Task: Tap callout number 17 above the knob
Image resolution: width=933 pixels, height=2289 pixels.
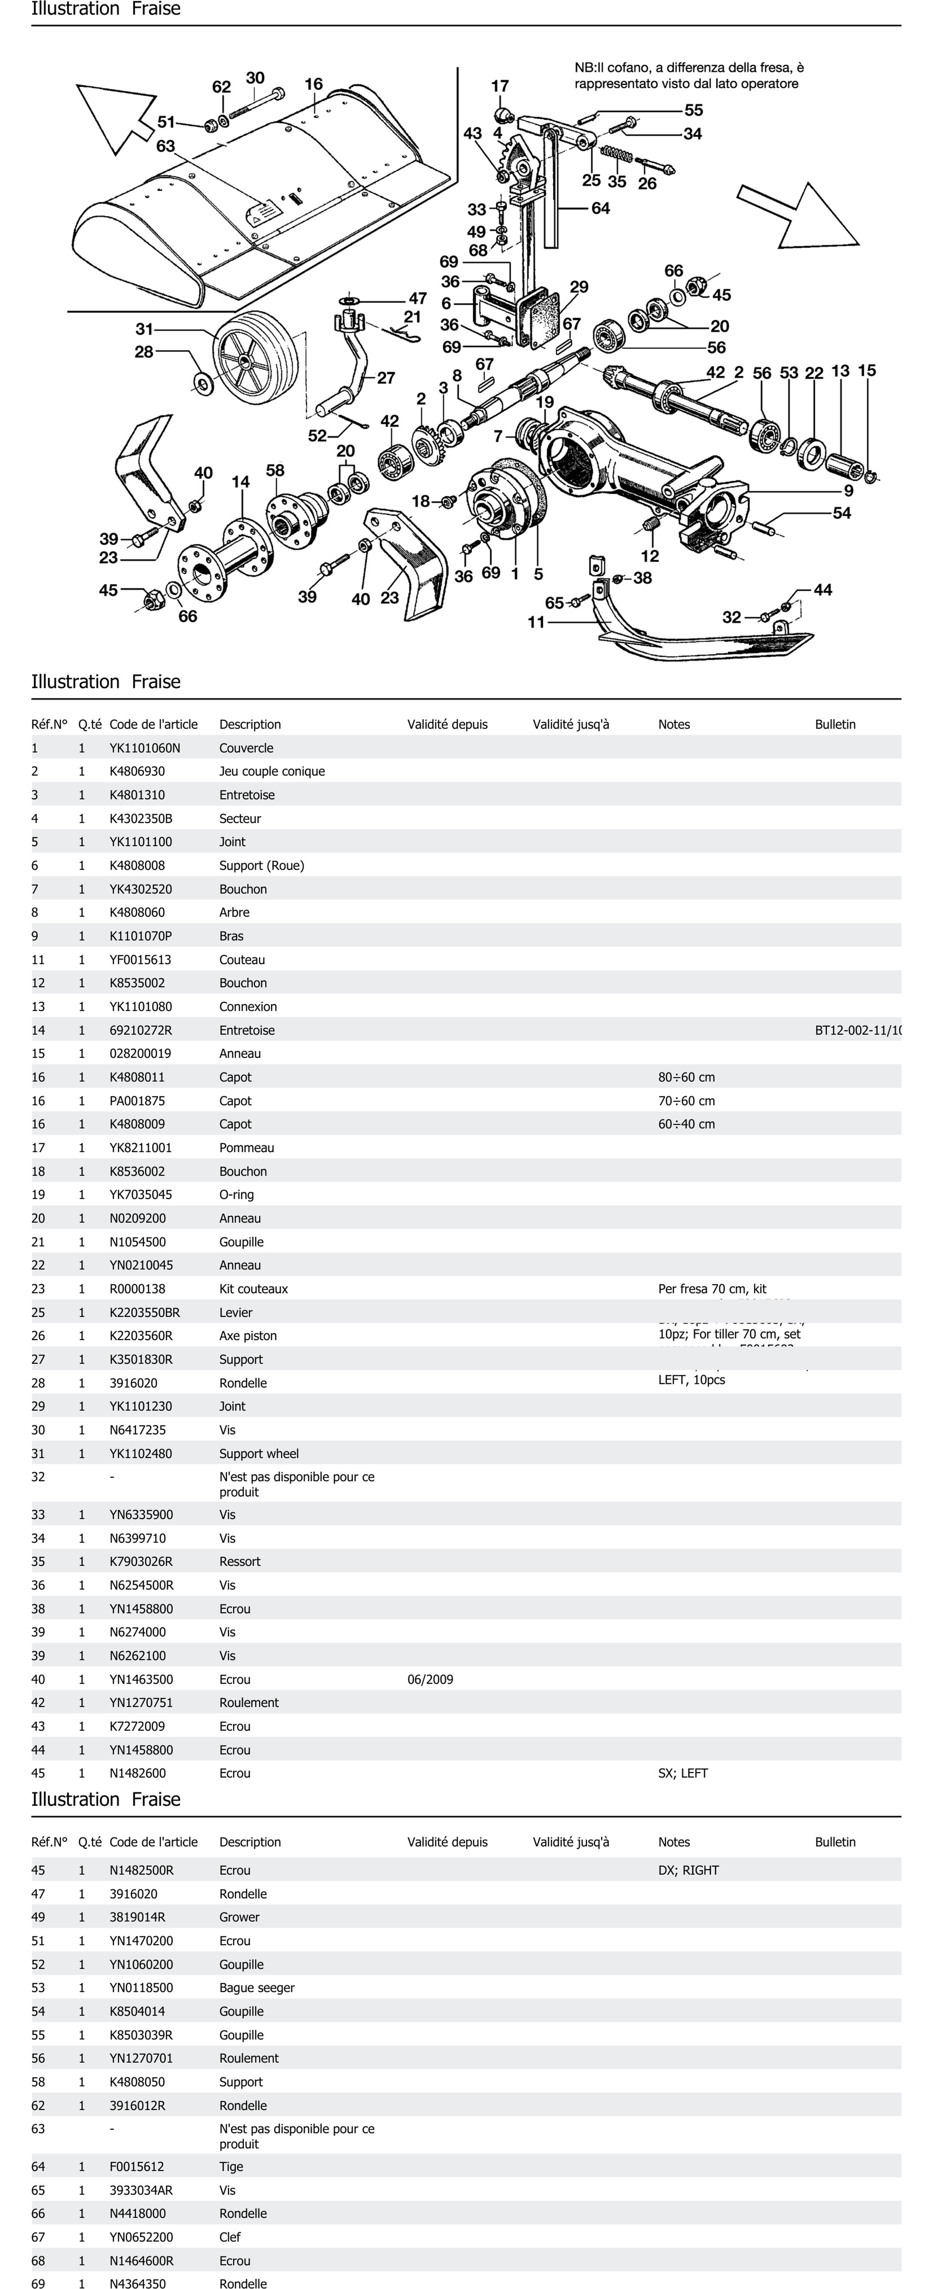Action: [x=500, y=86]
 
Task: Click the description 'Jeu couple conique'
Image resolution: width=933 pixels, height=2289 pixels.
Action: [x=272, y=771]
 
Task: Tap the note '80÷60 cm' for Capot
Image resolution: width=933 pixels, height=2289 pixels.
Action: [x=686, y=1077]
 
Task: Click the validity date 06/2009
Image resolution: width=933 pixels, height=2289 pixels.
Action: [x=430, y=1679]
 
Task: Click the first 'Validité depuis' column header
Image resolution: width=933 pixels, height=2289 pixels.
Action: [x=447, y=724]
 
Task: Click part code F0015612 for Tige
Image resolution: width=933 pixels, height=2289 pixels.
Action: [x=137, y=2167]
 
